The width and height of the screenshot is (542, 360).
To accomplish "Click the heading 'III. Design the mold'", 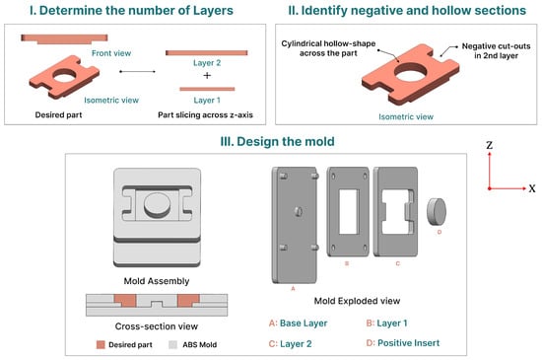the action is [x=277, y=141].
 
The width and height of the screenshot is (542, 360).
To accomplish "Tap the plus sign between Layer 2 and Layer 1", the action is [x=207, y=75].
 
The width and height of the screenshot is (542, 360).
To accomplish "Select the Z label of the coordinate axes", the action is [x=489, y=145].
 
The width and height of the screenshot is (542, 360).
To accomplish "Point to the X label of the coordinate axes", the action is [x=532, y=188].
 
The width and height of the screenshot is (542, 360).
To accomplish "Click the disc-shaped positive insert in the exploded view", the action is [x=437, y=211].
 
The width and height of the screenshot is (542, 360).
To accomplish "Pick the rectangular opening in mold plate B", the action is [x=348, y=211].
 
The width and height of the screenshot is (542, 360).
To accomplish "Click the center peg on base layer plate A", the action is [x=299, y=211].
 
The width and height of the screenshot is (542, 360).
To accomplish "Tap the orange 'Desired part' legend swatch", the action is [x=101, y=344].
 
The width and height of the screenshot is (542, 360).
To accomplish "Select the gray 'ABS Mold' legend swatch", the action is [x=172, y=344].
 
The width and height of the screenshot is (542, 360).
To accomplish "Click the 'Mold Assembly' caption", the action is [x=157, y=281].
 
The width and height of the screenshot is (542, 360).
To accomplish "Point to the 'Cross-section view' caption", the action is [x=157, y=326].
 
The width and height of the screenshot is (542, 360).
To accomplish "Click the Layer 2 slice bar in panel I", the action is [x=207, y=52].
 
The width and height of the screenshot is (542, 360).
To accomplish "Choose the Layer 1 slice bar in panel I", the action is [x=207, y=89].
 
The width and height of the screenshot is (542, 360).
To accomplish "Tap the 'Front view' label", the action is [x=111, y=53].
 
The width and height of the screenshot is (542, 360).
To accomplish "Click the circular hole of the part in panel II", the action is [x=410, y=72].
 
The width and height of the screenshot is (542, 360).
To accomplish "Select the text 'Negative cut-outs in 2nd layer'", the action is [x=496, y=51].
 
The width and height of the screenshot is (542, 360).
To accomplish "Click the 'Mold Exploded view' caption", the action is [x=357, y=301].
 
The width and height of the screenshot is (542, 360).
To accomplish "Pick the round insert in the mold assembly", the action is [x=157, y=205].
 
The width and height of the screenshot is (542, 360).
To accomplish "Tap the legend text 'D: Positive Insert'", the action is [x=403, y=342].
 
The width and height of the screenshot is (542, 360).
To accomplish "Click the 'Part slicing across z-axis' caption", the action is [x=205, y=114].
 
